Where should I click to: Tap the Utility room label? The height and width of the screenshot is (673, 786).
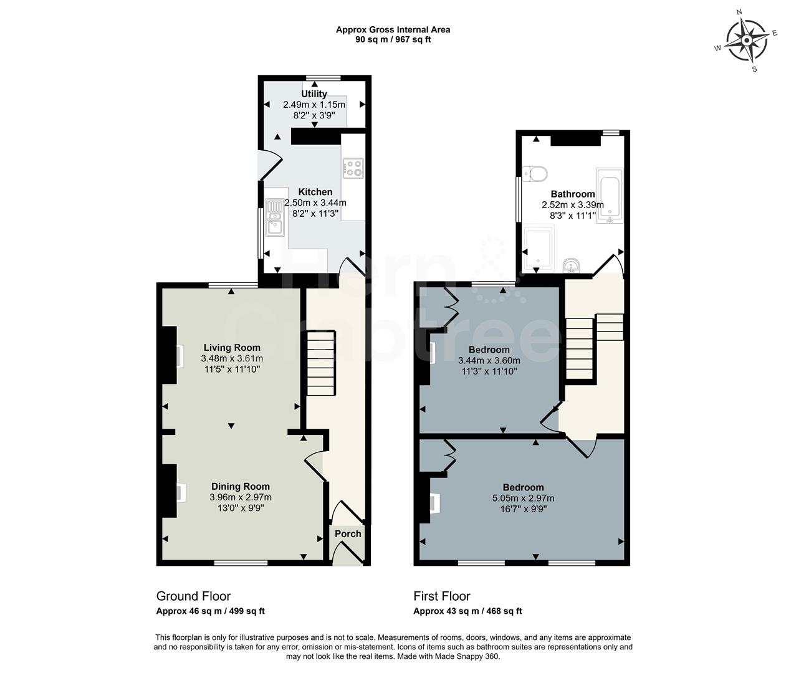tap(314, 94)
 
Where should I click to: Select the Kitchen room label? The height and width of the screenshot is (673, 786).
tap(315, 192)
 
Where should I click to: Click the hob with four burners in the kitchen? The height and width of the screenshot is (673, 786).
tap(353, 166)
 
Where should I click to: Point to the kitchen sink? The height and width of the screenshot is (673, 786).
tap(274, 217)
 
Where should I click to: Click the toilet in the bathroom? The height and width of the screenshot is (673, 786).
tap(535, 172)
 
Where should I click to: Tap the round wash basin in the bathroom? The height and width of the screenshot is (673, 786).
tap(570, 267)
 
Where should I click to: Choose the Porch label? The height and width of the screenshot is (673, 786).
tap(348, 534)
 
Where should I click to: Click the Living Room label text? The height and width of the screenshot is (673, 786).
tap(232, 348)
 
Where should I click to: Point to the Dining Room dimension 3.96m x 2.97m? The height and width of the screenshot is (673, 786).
tap(241, 497)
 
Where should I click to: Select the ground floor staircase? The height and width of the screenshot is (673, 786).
tap(322, 363)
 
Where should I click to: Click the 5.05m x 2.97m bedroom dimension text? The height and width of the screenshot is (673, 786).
tap(523, 498)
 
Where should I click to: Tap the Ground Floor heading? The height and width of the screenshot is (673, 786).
tap(193, 596)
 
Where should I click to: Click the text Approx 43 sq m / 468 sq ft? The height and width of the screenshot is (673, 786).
tap(467, 611)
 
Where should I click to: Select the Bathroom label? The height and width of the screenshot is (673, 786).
tap(572, 194)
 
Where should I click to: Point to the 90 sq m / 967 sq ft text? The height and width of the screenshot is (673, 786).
tap(393, 39)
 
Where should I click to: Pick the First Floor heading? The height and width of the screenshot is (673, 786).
tap(442, 596)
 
